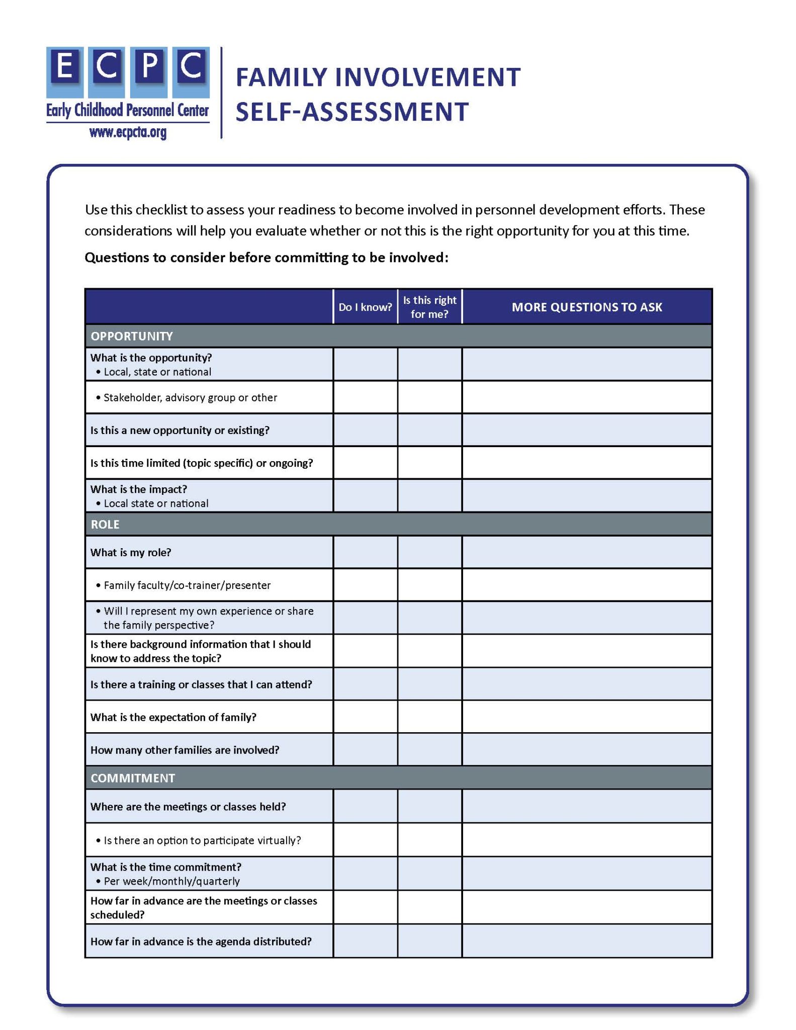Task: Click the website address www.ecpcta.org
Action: point(128,132)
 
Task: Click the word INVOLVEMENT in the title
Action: point(427,78)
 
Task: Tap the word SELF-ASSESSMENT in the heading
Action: point(352,112)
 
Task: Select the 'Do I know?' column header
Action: point(365,307)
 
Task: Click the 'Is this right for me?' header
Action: point(429,307)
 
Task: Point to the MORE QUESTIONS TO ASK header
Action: point(586,307)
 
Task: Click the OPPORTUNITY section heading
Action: point(132,336)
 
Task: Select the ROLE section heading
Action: point(105,524)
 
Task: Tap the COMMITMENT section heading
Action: point(133,778)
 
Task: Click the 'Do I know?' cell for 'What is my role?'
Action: point(365,552)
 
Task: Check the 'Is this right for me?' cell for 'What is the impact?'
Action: point(429,495)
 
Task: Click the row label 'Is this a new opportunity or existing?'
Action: point(180,430)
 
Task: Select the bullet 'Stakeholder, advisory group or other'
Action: point(190,397)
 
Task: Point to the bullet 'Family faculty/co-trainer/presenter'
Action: point(187,585)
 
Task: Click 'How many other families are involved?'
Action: point(185,749)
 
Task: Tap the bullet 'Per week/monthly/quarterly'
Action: point(171,881)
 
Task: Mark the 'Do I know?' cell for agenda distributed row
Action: point(365,941)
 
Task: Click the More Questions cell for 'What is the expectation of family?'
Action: point(586,717)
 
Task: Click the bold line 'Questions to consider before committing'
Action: point(266,257)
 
